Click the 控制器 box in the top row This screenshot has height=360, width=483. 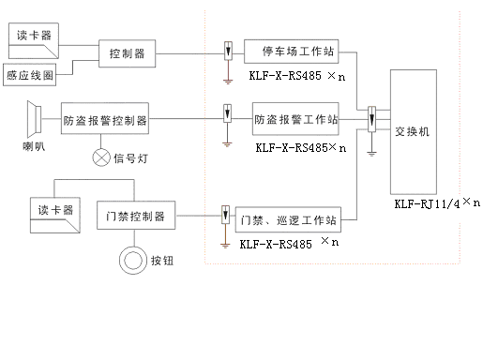[x=128, y=53]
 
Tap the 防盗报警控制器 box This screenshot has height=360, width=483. [x=105, y=120]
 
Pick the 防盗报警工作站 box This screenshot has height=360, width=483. [x=296, y=120]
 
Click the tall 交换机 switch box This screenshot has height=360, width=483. [x=412, y=133]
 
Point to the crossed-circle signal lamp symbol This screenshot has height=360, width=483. [x=100, y=157]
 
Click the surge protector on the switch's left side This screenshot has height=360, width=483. [x=372, y=119]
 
